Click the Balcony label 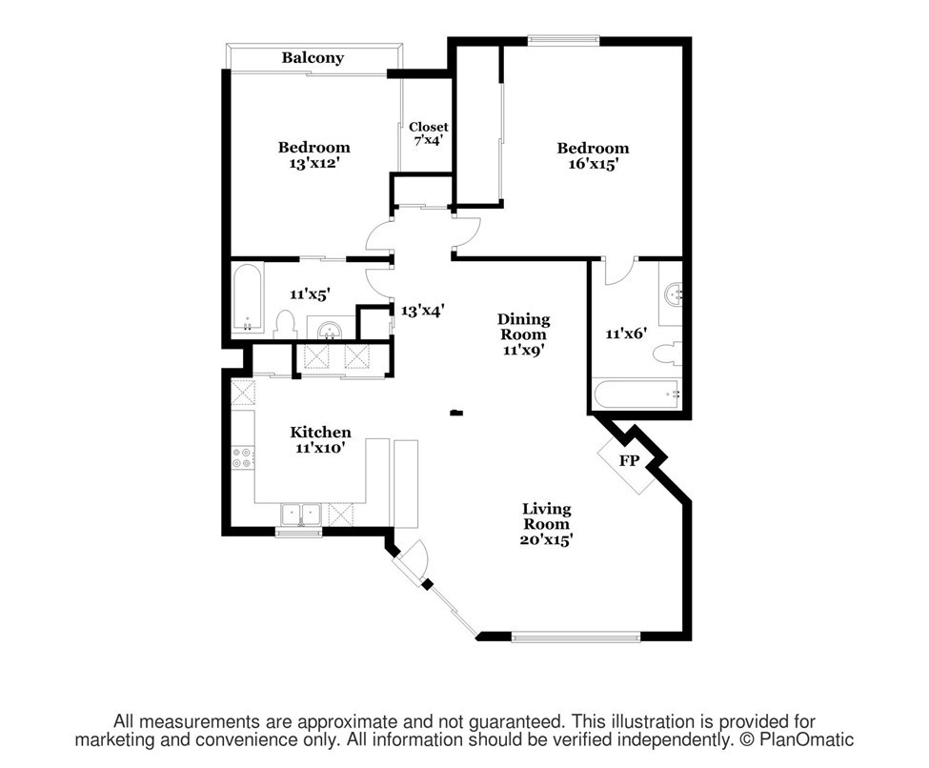pos(313,58)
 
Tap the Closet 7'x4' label pos(429,134)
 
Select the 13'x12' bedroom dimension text pos(313,163)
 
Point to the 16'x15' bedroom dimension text pos(593,164)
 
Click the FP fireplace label pos(629,460)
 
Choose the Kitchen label pos(320,432)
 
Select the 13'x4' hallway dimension pos(422,311)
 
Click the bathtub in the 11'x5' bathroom pos(247,298)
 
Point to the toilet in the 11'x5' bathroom pos(285,324)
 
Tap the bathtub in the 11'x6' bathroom pos(636,394)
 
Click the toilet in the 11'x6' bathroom pos(667,354)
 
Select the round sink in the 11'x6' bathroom pos(674,293)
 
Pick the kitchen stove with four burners pos(243,457)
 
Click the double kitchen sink pos(301,515)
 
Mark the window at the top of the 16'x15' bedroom pos(563,40)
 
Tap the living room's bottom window pos(576,637)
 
